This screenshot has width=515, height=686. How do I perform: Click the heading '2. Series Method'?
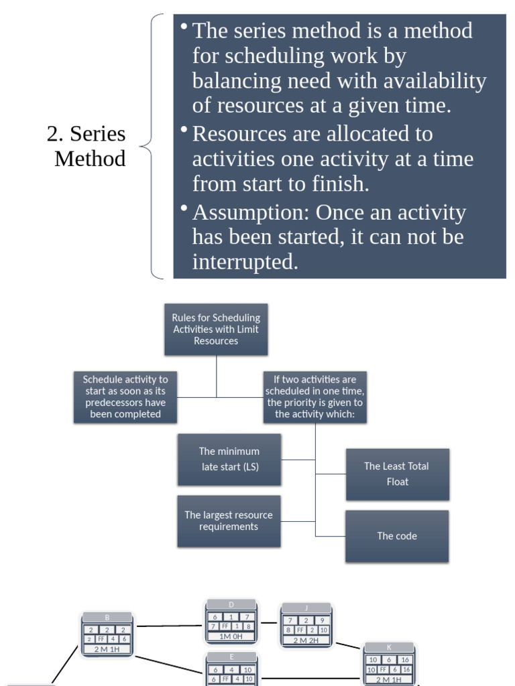[87, 146]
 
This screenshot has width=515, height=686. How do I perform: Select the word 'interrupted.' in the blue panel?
[245, 262]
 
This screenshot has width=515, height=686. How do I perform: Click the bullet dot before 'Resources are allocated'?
[184, 129]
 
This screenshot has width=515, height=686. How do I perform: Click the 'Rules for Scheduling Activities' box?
[216, 329]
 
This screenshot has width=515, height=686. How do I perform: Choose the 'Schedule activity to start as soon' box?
[125, 397]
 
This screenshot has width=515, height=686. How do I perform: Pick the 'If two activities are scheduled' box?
[314, 397]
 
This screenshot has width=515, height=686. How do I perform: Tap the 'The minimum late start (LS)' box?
[229, 459]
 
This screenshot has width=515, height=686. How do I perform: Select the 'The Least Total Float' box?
[397, 474]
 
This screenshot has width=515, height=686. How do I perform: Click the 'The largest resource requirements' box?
[229, 521]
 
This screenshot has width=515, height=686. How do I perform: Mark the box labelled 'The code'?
[397, 536]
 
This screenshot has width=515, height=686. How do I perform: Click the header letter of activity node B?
[107, 618]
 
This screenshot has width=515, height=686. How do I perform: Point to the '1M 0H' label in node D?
[231, 636]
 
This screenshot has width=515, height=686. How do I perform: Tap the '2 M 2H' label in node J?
[306, 640]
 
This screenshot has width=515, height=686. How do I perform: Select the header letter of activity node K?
[389, 648]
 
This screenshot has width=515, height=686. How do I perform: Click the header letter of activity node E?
[231, 657]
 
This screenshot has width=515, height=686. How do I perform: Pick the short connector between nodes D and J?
[269, 622]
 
